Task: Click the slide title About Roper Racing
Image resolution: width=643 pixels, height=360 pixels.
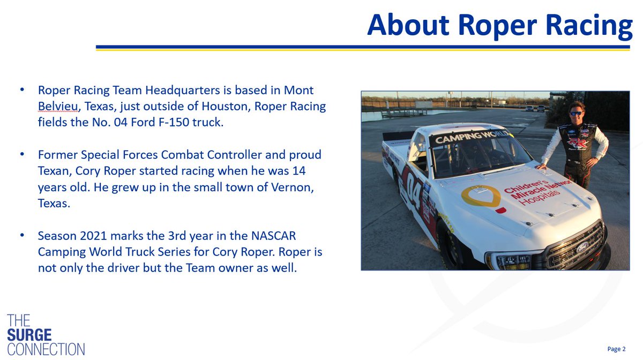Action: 499,25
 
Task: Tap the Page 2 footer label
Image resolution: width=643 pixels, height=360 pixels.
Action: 616,349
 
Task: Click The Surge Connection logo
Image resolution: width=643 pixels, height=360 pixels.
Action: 46,335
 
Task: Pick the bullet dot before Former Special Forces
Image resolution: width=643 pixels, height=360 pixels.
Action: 21,154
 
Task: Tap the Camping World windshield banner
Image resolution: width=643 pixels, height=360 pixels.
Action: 465,138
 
